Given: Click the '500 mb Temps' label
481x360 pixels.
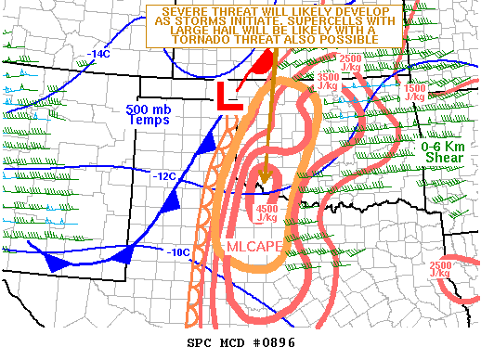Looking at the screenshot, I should (149, 114).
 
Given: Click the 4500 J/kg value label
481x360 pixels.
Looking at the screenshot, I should (266, 213).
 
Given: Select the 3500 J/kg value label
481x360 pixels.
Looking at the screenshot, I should (328, 80).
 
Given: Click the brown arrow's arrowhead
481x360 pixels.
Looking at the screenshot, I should (264, 177).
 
